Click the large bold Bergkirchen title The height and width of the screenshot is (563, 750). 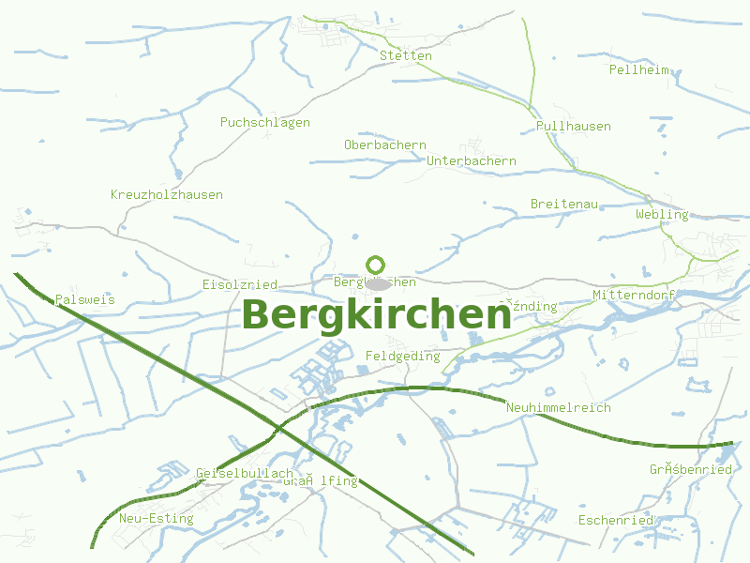click(x=377, y=315)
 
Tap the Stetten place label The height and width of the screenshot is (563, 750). click(x=406, y=56)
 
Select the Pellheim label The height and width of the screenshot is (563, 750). click(x=639, y=70)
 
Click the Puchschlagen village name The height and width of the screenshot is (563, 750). click(x=265, y=123)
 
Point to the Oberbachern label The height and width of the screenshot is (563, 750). click(x=385, y=145)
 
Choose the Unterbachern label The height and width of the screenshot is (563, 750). click(x=472, y=161)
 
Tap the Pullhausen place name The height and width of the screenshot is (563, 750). click(x=574, y=127)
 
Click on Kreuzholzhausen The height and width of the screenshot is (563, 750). click(x=167, y=195)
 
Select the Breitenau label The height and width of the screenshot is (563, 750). click(x=564, y=205)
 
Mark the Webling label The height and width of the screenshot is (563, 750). click(x=662, y=215)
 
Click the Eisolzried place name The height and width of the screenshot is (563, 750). click(x=240, y=284)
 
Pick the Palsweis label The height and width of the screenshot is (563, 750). click(x=85, y=300)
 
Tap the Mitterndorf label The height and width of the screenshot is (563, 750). click(x=635, y=296)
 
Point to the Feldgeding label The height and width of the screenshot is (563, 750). click(x=402, y=357)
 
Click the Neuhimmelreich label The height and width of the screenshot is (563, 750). click(x=558, y=408)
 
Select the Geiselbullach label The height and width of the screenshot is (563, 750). click(x=245, y=474)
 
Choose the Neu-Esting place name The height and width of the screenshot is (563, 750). click(x=157, y=519)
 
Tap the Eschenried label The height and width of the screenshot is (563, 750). click(x=615, y=521)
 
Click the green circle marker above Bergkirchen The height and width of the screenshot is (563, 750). click(x=376, y=265)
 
